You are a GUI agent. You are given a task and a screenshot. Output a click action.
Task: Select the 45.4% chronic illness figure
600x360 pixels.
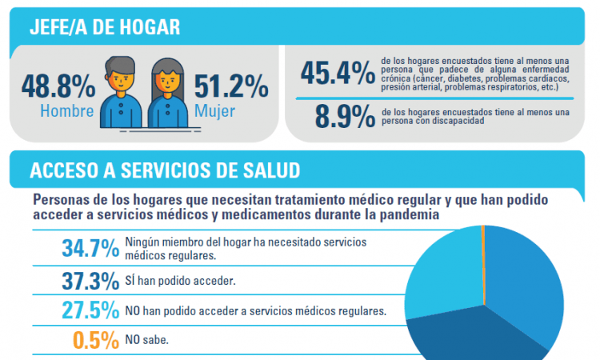pyautogui.click(x=338, y=74)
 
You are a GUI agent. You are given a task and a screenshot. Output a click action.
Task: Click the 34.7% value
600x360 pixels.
pyautogui.click(x=90, y=248)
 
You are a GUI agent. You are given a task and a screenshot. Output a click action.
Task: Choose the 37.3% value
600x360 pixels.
pyautogui.click(x=90, y=281)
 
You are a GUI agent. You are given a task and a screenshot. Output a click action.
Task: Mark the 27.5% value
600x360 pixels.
pyautogui.click(x=90, y=310)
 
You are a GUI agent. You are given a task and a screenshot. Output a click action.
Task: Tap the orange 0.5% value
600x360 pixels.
pyautogui.click(x=96, y=340)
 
